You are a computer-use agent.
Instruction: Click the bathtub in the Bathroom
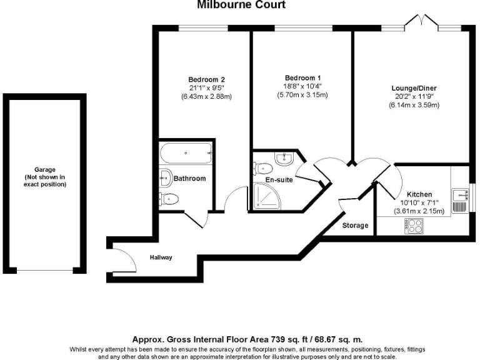(x=186, y=152)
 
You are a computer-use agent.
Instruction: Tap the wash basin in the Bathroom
(x=165, y=177)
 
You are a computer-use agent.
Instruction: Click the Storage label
(x=356, y=225)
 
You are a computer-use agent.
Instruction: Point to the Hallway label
(x=161, y=257)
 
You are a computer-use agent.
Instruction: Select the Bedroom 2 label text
(x=206, y=79)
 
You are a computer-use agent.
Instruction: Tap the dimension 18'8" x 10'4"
(x=302, y=86)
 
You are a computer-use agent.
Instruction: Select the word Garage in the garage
(x=45, y=169)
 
